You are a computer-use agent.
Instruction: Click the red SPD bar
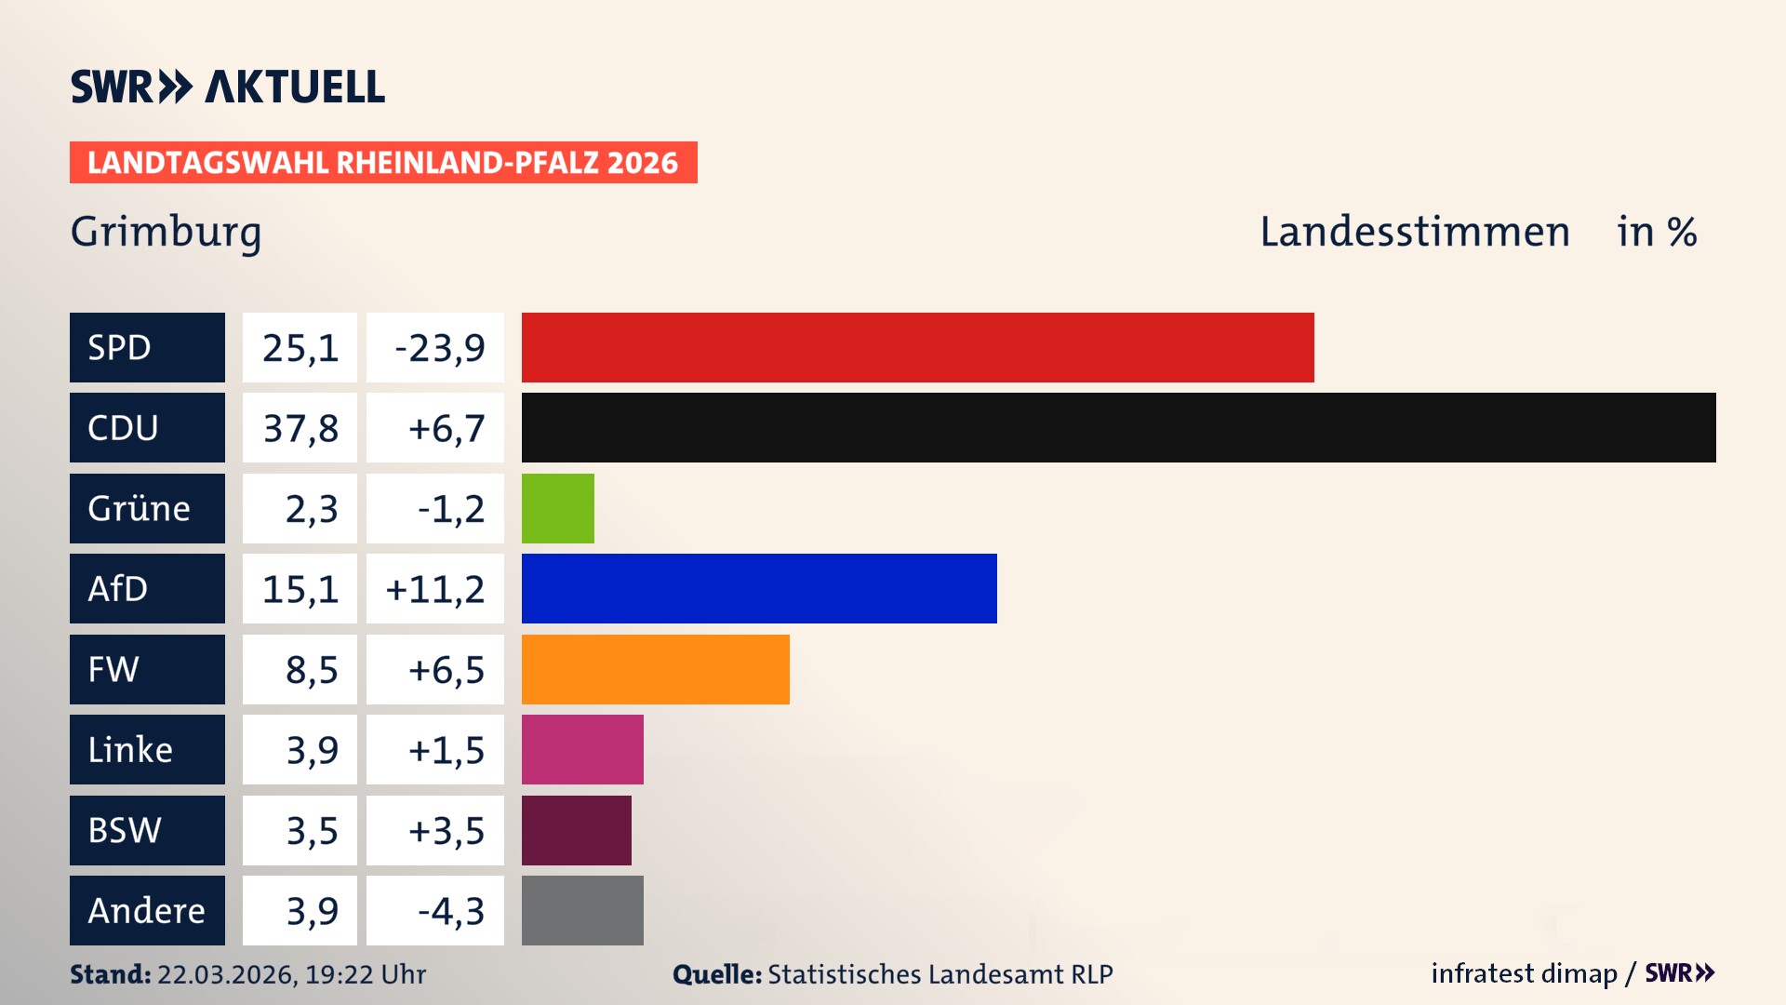pos(917,347)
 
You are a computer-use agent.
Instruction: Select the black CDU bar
pos(1118,427)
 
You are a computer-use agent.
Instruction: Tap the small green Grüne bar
pos(557,508)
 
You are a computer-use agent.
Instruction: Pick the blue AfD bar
pos(759,588)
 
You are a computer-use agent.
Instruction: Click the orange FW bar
pos(655,669)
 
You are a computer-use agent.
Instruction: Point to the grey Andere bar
pos(582,910)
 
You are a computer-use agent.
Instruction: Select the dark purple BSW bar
pos(576,830)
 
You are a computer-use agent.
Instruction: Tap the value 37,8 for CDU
pos(300,428)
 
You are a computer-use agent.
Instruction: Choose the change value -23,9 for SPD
pos(439,348)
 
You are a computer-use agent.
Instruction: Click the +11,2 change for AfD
pos(434,589)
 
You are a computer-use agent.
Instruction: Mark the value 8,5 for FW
pos(311,669)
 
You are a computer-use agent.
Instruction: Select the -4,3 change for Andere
pos(450,911)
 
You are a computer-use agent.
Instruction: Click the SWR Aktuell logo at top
pos(227,87)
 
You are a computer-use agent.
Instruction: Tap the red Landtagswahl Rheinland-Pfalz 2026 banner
pos(382,162)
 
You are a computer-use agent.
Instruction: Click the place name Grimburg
pos(166,231)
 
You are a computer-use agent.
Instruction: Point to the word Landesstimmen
pos(1414,231)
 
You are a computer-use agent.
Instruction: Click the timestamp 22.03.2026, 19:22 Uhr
pos(290,974)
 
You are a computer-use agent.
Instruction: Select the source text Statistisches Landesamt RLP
pos(940,974)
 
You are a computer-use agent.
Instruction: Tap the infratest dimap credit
pos(1523,973)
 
